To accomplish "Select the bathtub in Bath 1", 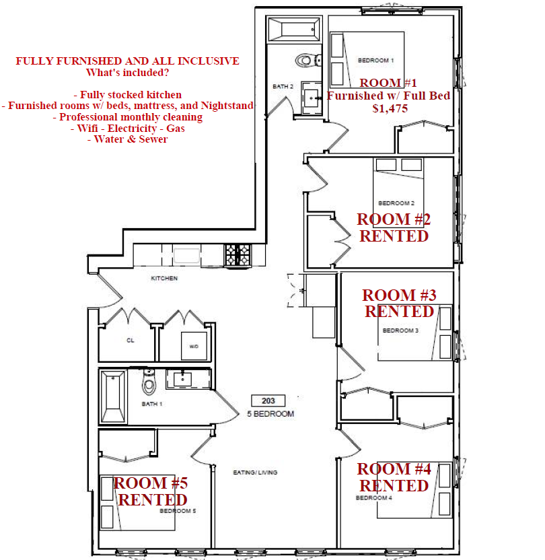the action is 113,396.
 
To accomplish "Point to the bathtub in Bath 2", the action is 294,30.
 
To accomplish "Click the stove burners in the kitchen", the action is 238,254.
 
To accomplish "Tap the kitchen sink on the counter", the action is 186,256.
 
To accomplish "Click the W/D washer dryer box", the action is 194,346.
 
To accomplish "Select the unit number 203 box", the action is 268,400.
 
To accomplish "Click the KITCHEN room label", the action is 164,278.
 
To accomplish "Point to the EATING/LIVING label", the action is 255,472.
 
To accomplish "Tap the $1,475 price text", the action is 390,108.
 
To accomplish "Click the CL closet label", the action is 131,341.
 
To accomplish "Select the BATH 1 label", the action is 152,404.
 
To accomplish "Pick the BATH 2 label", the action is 283,86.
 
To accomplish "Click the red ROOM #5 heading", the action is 151,483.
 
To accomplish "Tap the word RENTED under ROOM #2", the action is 394,236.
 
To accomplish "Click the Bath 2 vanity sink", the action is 312,98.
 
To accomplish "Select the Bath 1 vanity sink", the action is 183,379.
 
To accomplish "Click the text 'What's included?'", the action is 127,73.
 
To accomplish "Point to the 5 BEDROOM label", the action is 270,414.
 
